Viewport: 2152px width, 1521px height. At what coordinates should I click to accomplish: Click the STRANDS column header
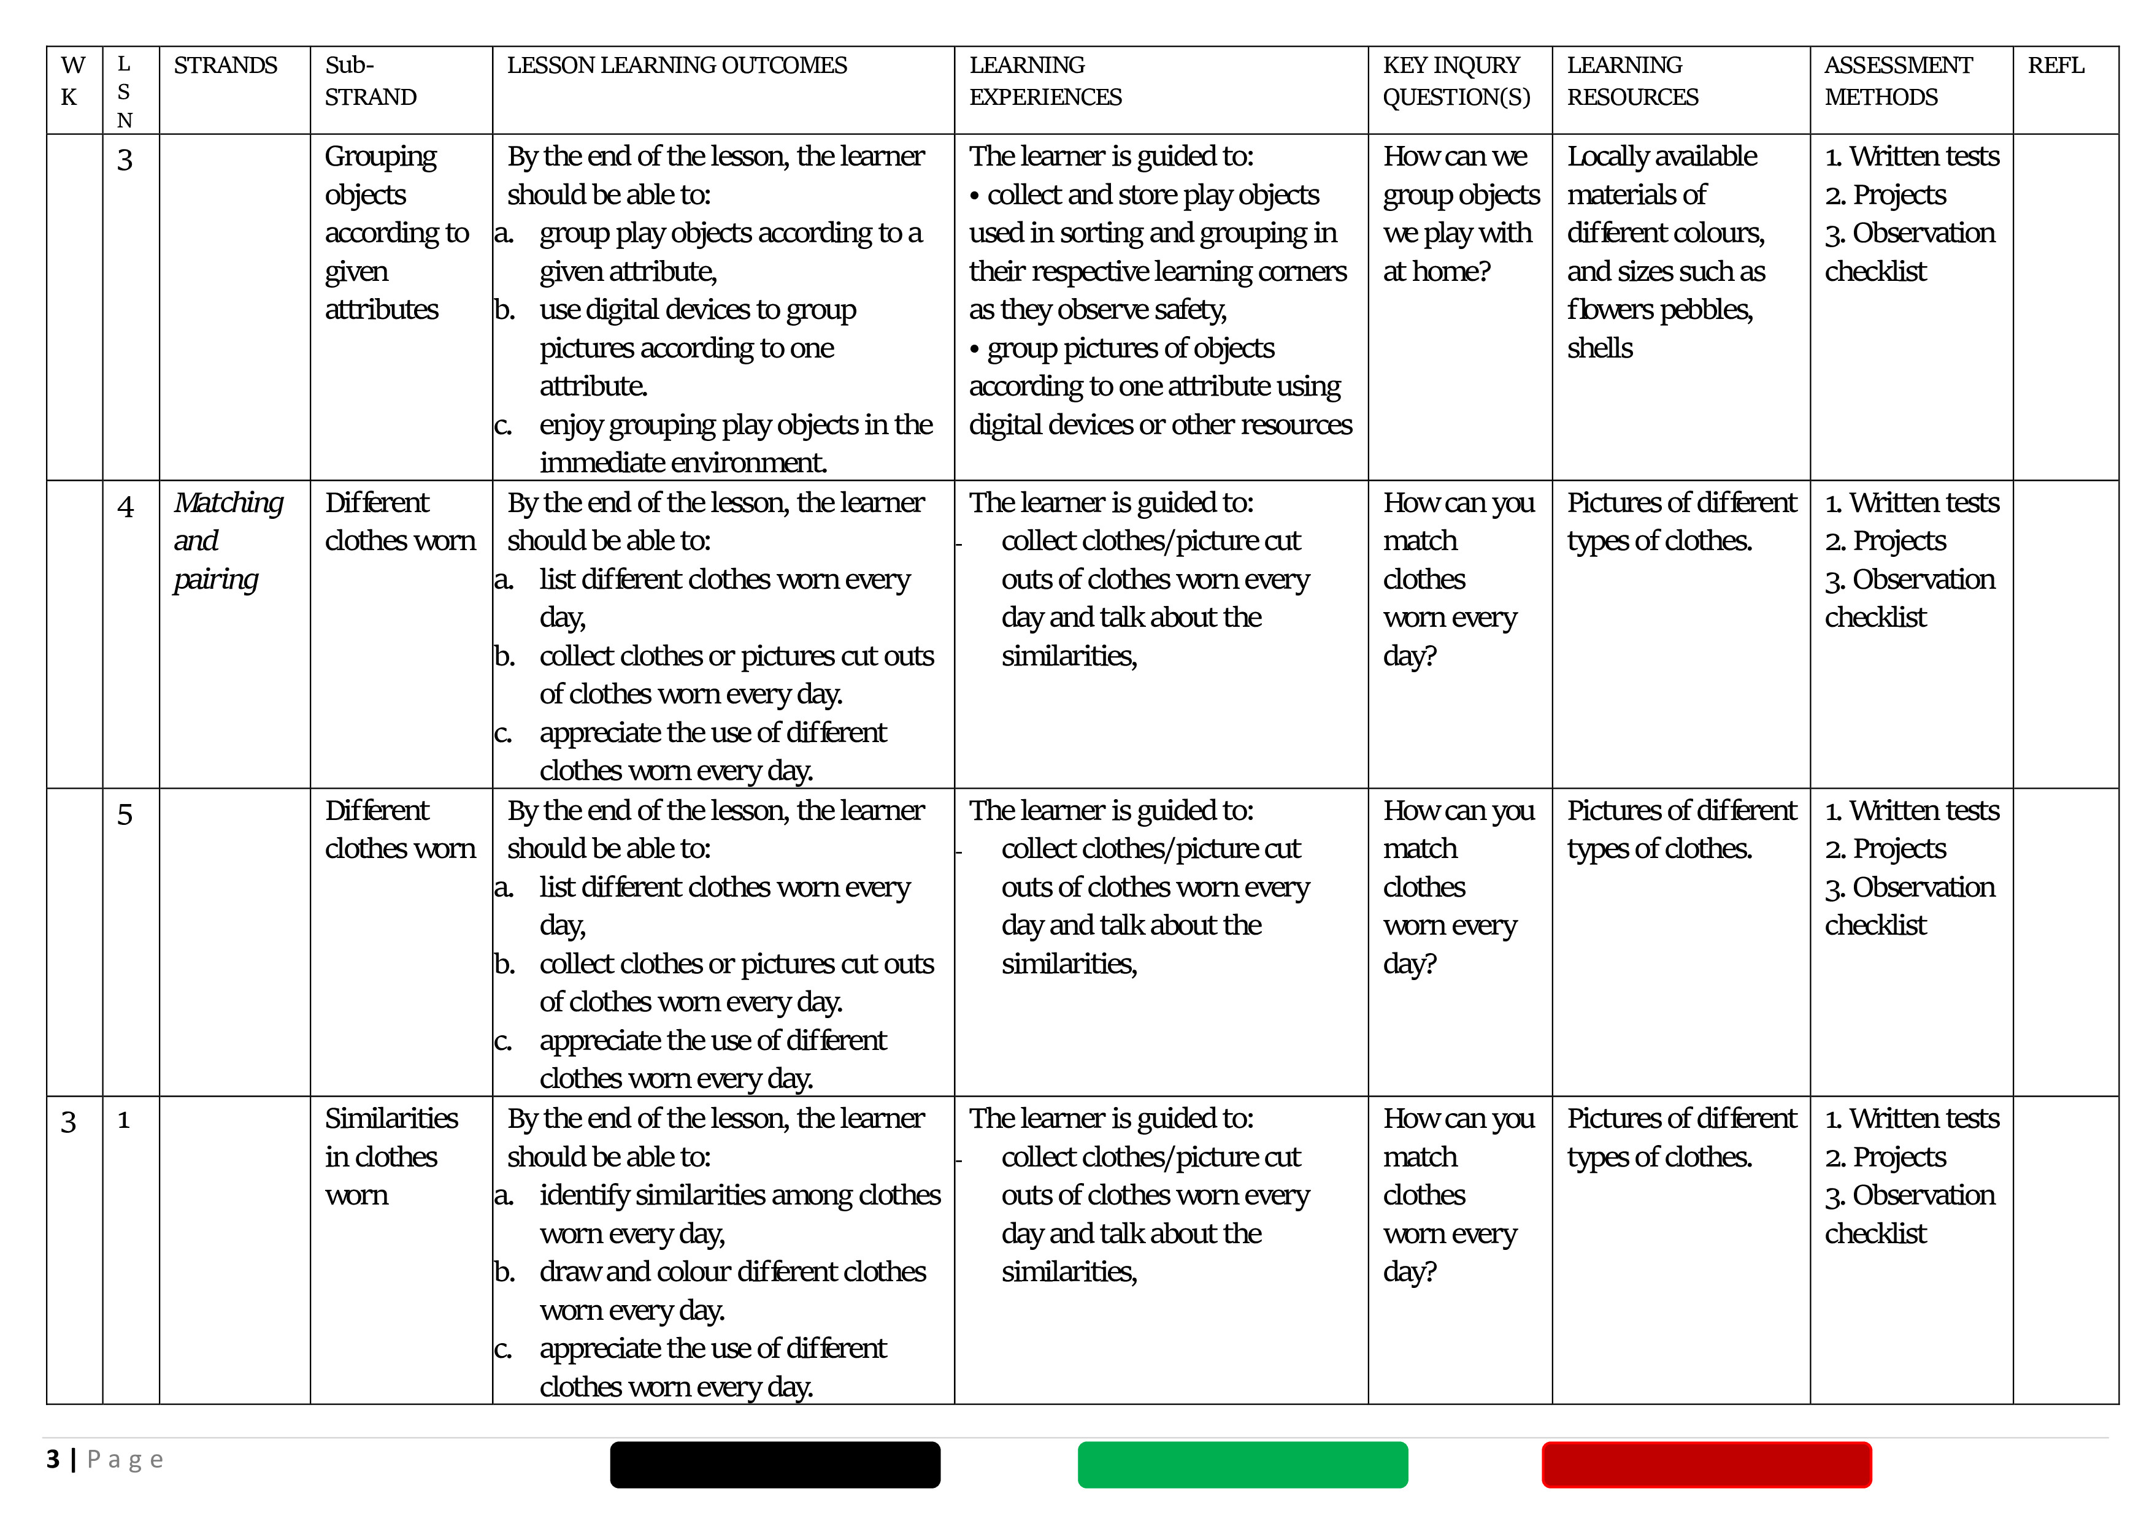[x=225, y=66]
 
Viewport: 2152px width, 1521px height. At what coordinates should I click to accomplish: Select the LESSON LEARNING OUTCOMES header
[x=677, y=66]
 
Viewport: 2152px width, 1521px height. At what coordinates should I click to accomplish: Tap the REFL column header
[x=2056, y=66]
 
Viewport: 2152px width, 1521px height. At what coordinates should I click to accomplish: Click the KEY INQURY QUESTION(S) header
[x=1456, y=82]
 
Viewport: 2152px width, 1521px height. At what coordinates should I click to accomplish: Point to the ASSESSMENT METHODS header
[x=1898, y=82]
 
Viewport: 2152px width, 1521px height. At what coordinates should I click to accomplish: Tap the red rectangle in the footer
[x=1706, y=1464]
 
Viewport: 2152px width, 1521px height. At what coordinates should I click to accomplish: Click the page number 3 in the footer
[x=53, y=1459]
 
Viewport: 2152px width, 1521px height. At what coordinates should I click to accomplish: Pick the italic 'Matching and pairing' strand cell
[x=228, y=541]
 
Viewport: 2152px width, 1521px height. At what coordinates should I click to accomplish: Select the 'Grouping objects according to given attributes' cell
[x=396, y=232]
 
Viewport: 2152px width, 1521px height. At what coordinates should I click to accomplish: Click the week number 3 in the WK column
[x=69, y=1122]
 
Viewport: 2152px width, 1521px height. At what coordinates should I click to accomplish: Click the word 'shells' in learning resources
[x=1599, y=348]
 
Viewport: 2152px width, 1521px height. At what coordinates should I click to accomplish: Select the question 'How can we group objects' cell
[x=1459, y=213]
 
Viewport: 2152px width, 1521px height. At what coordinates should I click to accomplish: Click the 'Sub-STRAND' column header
[x=371, y=82]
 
